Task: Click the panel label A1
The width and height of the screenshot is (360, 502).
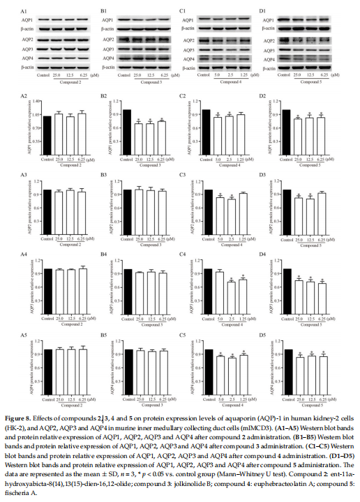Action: pyautogui.click(x=24, y=11)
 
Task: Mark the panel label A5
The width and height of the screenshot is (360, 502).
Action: pyautogui.click(x=24, y=333)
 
